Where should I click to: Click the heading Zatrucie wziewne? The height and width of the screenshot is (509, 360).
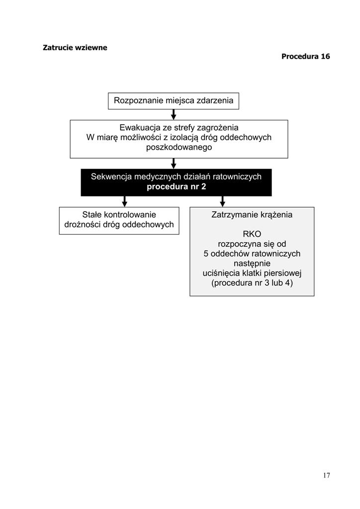pos(75,47)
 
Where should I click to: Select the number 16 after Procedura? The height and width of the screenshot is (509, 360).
pos(325,56)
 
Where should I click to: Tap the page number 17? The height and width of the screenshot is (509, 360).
pos(327,475)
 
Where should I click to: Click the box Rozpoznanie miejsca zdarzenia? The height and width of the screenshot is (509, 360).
pos(174,101)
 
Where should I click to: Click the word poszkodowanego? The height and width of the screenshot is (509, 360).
pos(179,147)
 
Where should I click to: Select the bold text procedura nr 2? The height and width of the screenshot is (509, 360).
pos(176,187)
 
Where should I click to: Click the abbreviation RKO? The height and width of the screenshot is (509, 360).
pos(252,234)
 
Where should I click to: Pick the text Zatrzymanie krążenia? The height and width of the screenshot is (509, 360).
pos(252,215)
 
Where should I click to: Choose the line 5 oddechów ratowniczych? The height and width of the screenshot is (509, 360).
pos(252,254)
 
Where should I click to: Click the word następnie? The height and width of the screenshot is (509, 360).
pos(252,263)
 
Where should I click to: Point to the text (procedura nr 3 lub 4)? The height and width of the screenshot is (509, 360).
pos(252,283)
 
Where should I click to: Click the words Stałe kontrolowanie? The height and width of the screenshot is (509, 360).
pos(119,215)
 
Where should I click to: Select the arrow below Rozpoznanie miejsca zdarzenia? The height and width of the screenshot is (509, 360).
pos(174,115)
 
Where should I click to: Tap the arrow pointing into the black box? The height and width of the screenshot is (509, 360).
pos(174,164)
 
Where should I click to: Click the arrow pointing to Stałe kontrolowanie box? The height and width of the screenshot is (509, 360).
pos(124,202)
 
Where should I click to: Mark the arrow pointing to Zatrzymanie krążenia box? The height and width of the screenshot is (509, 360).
pos(222,202)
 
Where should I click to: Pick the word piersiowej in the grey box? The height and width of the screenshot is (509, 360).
pos(282,273)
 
